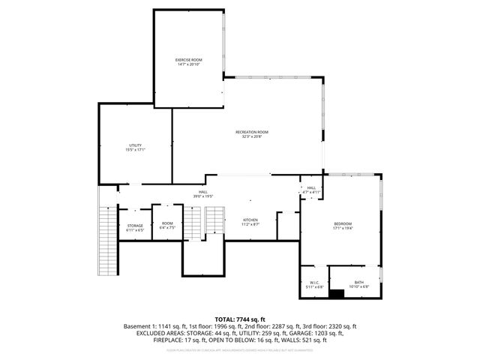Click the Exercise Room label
(x=189, y=59)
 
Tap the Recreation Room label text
(x=251, y=132)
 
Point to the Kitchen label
(x=250, y=220)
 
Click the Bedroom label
(x=342, y=224)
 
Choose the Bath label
(x=358, y=283)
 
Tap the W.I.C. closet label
(x=315, y=283)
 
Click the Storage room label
(x=134, y=226)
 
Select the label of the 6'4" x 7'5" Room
(x=167, y=223)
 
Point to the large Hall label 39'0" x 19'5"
(x=203, y=192)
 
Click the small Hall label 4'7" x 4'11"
(x=310, y=188)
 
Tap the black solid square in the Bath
(x=338, y=293)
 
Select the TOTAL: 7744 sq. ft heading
(x=240, y=319)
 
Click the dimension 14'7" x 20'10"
(x=189, y=64)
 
